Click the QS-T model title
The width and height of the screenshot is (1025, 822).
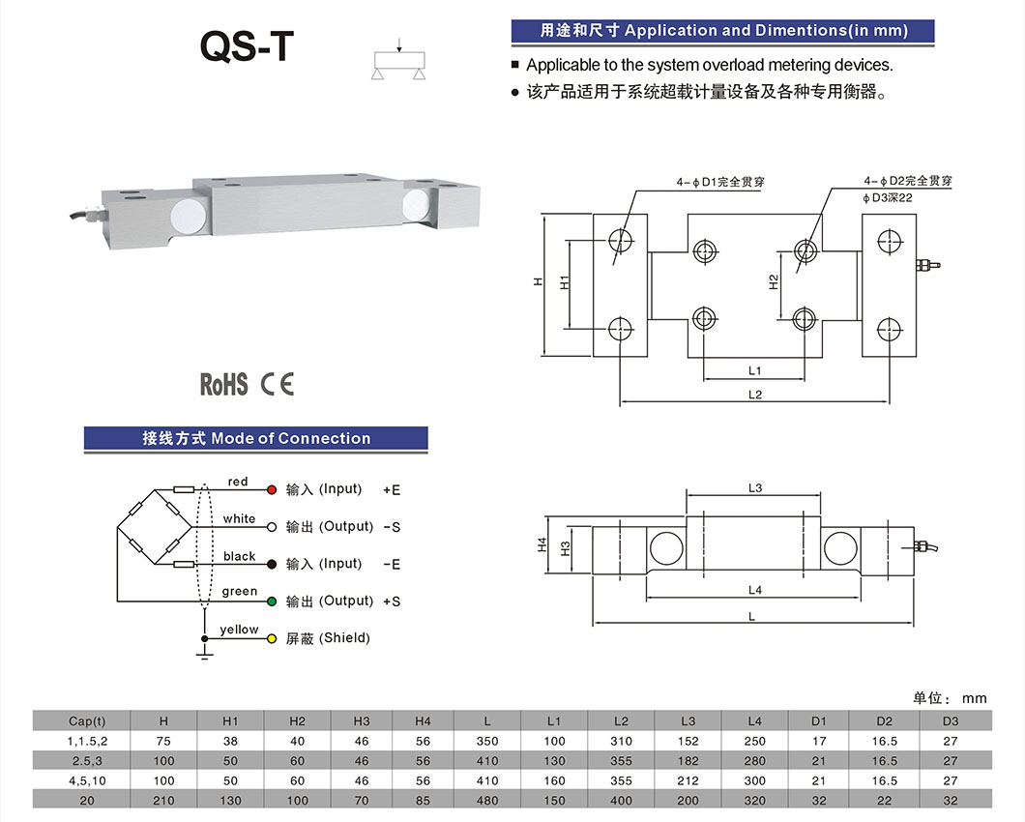(x=244, y=45)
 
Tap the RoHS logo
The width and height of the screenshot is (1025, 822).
(x=223, y=384)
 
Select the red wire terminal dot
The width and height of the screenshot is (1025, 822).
(x=272, y=490)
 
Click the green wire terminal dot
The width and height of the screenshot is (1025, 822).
(x=272, y=602)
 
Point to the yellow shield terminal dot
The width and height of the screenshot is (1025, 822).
(x=272, y=639)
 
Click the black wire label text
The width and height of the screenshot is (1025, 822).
(x=239, y=556)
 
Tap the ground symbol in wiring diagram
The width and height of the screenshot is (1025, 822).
(x=204, y=655)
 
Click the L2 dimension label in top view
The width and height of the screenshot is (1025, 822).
(x=755, y=394)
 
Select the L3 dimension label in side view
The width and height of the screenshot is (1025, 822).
(x=755, y=488)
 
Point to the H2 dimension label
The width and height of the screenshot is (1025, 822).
(x=774, y=282)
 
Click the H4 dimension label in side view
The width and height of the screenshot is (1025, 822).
(x=542, y=545)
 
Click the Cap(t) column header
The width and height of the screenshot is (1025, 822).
(x=87, y=720)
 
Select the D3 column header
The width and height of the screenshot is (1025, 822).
(x=951, y=720)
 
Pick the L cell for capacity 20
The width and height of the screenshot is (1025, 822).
(x=487, y=800)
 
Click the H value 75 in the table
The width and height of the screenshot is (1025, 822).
(x=163, y=741)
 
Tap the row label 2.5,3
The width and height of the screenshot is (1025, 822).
(x=87, y=761)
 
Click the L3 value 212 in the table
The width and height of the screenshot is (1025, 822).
(x=688, y=780)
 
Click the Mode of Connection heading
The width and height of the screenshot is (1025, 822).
(x=256, y=438)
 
